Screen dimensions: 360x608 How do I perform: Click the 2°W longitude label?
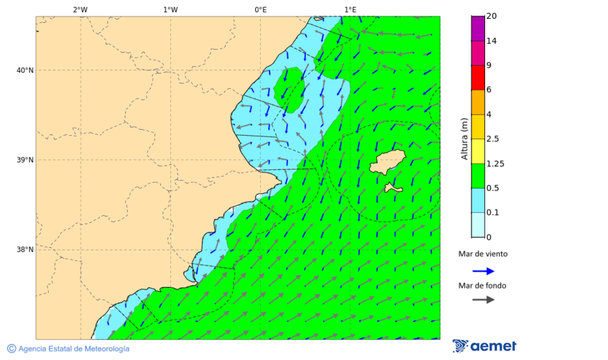point(80,9)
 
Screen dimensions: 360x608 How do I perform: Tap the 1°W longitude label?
point(170,9)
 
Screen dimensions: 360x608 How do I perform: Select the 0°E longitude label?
point(260,9)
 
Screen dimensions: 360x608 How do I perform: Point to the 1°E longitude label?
point(351,9)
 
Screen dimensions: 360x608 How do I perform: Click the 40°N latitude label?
point(25,70)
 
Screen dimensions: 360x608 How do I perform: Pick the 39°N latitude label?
point(25,160)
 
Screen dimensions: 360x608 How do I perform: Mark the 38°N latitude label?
point(25,250)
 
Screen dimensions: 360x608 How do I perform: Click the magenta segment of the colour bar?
point(478,53)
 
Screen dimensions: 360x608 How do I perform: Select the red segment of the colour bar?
point(478,77)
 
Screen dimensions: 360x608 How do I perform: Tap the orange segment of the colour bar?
point(478,102)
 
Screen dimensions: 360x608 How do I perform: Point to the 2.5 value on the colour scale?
point(492,139)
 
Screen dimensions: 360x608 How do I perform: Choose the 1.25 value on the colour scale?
point(495,163)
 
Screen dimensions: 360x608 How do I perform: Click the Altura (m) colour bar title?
point(464,138)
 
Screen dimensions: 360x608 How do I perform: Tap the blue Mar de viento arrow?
point(483,271)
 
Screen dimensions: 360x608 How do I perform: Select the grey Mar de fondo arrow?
point(483,300)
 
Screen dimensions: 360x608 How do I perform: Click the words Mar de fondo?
point(482,286)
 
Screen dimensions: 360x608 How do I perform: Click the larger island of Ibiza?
point(388,162)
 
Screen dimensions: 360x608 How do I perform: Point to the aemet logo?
point(484,346)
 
